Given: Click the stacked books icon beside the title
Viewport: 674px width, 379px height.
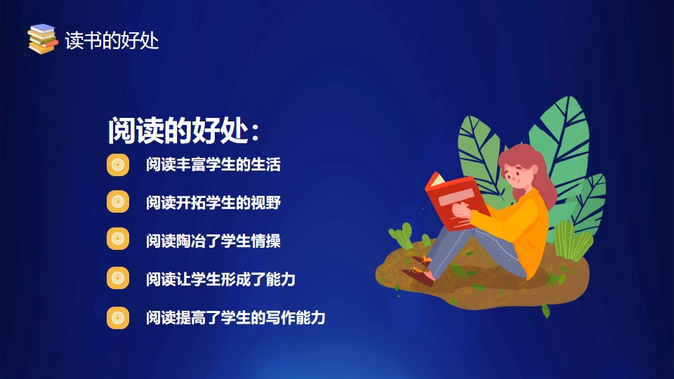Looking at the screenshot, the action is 43,39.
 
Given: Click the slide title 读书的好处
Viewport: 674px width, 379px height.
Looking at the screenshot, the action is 112,41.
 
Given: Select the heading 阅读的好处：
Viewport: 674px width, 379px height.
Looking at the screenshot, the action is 183,130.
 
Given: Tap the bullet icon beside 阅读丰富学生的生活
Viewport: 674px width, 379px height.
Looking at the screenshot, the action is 118,164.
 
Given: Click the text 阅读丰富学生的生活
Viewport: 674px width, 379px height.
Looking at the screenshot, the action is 213,164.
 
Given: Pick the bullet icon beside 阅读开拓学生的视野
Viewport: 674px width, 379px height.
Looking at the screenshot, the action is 118,201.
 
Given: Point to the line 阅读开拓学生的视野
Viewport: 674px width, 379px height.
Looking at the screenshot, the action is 213,202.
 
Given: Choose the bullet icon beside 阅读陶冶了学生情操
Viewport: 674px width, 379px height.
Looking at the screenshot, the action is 118,239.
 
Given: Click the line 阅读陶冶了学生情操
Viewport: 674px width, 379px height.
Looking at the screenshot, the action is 213,241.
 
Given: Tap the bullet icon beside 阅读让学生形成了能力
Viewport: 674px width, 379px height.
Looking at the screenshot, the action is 118,278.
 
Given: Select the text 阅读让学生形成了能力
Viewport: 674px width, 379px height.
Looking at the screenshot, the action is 220,279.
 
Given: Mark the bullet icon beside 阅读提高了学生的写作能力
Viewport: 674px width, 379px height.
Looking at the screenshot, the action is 118,317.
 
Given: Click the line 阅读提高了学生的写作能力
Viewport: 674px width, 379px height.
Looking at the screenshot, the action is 236,317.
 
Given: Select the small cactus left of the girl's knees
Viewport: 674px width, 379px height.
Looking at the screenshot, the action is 401,236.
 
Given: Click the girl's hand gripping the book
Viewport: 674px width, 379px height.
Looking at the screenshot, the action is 461,211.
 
